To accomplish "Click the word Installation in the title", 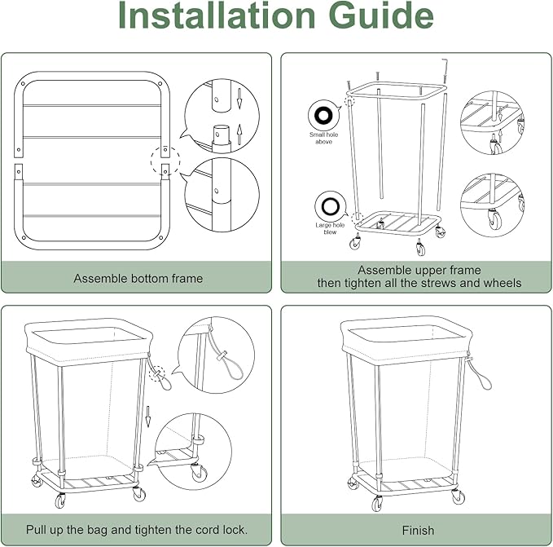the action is tap(217, 15).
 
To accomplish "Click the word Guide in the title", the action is tap(381, 15).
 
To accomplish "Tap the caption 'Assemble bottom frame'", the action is tap(138, 279).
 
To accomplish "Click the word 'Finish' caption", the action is tap(418, 531).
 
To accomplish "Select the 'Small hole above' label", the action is tap(324, 138).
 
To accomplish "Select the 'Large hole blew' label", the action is tap(330, 228).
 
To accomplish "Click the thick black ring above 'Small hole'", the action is tap(324, 116).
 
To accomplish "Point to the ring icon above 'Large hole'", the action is tap(331, 206).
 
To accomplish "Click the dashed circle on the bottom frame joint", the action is tap(165, 161).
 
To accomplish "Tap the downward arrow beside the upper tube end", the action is tap(239, 99).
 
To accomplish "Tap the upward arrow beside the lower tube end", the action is tap(239, 135).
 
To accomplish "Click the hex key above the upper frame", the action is tap(445, 73).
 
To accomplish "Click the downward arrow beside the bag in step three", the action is tap(148, 417).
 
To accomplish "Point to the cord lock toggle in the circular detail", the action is tap(222, 356).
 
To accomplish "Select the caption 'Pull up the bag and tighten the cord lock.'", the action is tap(137, 530).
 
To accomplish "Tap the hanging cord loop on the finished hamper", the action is tap(481, 374).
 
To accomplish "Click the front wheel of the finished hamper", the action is tap(377, 503).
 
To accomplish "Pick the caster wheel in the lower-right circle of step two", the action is tap(494, 218).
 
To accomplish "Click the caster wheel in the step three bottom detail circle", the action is tap(200, 473).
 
